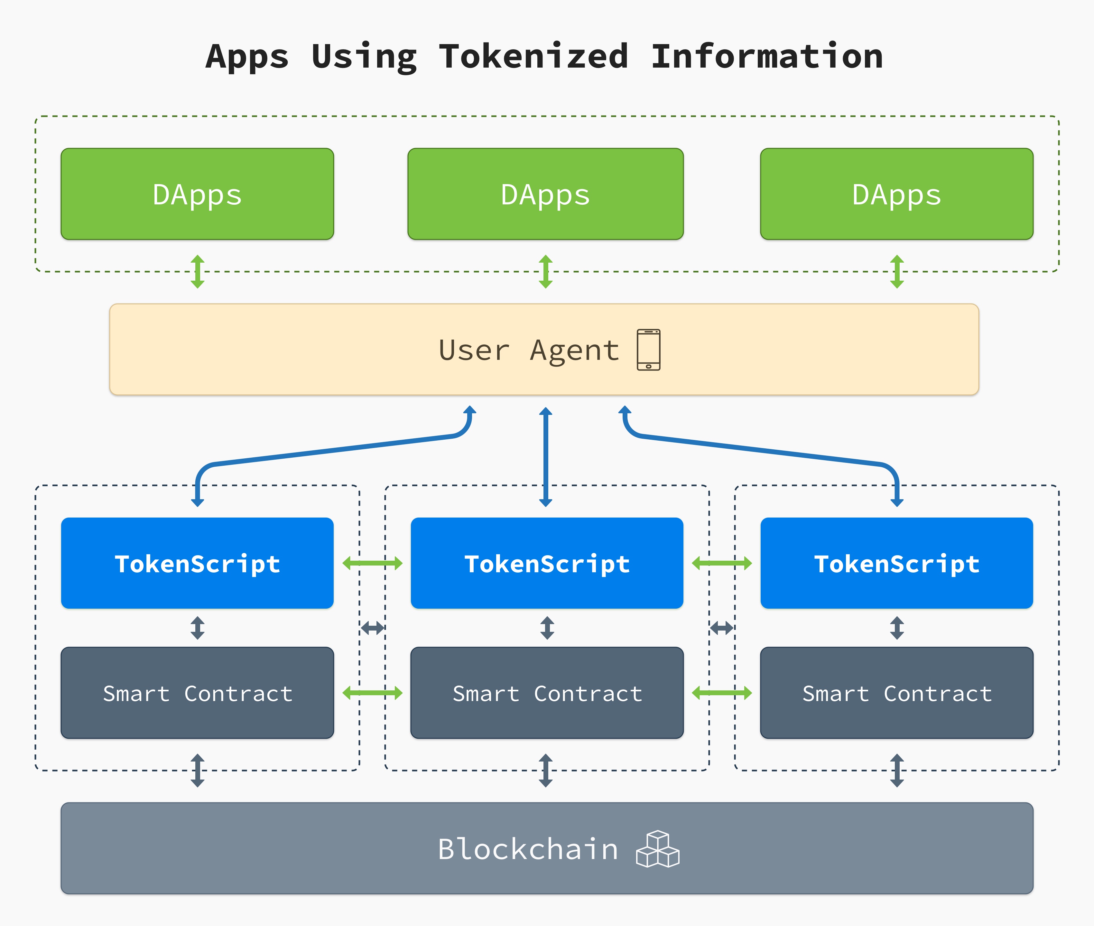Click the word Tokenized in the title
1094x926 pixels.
click(533, 57)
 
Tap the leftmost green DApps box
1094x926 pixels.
click(197, 194)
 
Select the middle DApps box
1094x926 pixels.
click(546, 194)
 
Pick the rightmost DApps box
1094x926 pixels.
click(897, 194)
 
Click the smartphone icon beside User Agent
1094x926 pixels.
click(649, 350)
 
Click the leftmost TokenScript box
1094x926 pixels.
click(197, 563)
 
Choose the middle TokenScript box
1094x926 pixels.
click(547, 563)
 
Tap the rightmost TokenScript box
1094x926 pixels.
click(897, 563)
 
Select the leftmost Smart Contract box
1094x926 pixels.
click(197, 693)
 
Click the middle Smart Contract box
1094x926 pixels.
click(547, 693)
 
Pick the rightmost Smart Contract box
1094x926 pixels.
click(897, 693)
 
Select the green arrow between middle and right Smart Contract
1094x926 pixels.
click(722, 693)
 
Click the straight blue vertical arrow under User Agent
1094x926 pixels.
click(546, 457)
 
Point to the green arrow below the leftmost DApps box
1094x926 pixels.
click(197, 271)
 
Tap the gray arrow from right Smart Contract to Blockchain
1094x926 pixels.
click(897, 770)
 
